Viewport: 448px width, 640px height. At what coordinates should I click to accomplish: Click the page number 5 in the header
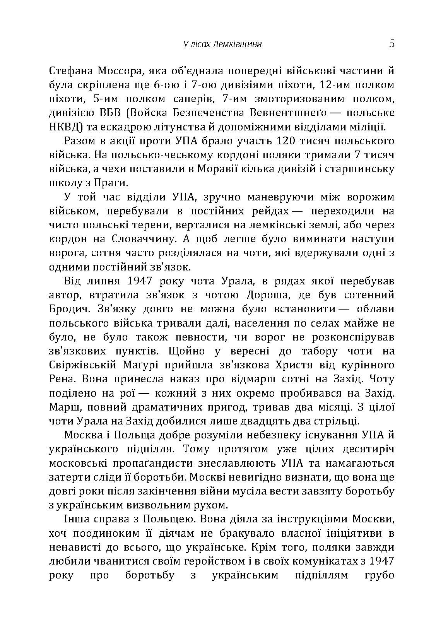pyautogui.click(x=392, y=43)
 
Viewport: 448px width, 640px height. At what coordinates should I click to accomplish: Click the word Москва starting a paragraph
pyautogui.click(x=82, y=435)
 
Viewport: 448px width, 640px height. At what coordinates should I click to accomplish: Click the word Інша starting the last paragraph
pyautogui.click(x=74, y=520)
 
